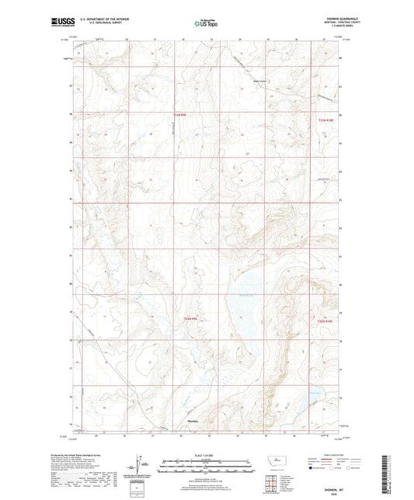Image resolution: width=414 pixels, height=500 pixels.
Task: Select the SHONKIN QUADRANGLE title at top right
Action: coord(324,19)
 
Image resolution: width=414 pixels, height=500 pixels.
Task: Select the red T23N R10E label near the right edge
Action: coord(327,120)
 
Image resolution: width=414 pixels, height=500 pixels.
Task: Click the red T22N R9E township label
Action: coord(191,319)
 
